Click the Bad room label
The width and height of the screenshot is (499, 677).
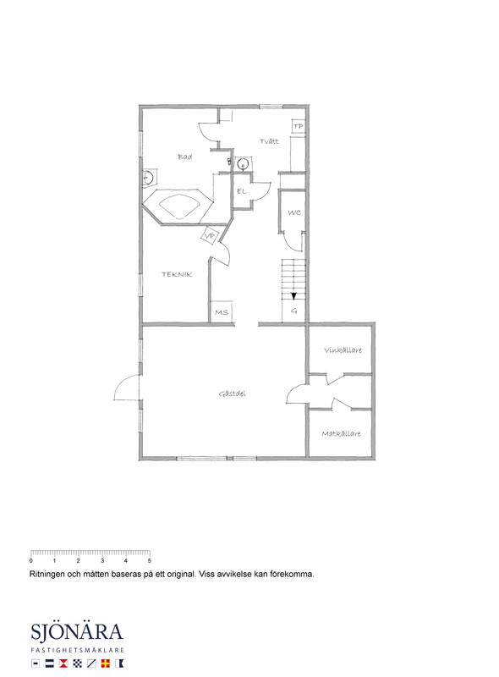[x=184, y=157]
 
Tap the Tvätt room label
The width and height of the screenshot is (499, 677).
[x=269, y=141]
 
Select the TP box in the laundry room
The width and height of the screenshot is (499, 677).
[x=298, y=126]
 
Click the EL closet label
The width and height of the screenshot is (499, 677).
[x=241, y=191]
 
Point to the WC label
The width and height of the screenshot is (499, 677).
[x=294, y=212]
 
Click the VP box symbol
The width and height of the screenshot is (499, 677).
[x=210, y=236]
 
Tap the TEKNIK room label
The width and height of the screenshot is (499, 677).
[x=177, y=274]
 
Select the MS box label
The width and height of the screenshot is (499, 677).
[x=222, y=312]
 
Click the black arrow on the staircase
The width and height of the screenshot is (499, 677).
[x=293, y=295]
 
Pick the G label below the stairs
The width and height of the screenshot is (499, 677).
[x=294, y=311]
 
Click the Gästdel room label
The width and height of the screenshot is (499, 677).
[x=233, y=394]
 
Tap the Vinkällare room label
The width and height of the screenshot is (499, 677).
[x=343, y=350]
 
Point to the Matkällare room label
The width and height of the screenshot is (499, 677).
[x=341, y=433]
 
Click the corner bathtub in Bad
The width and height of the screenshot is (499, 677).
[x=178, y=206]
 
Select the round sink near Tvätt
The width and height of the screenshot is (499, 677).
[x=243, y=164]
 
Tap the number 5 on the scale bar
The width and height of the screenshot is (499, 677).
[x=150, y=561]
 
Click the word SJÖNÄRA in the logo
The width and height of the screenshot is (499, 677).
[x=77, y=632]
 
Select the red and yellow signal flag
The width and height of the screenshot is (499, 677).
[x=105, y=663]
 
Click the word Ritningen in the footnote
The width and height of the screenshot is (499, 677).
[x=47, y=575]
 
